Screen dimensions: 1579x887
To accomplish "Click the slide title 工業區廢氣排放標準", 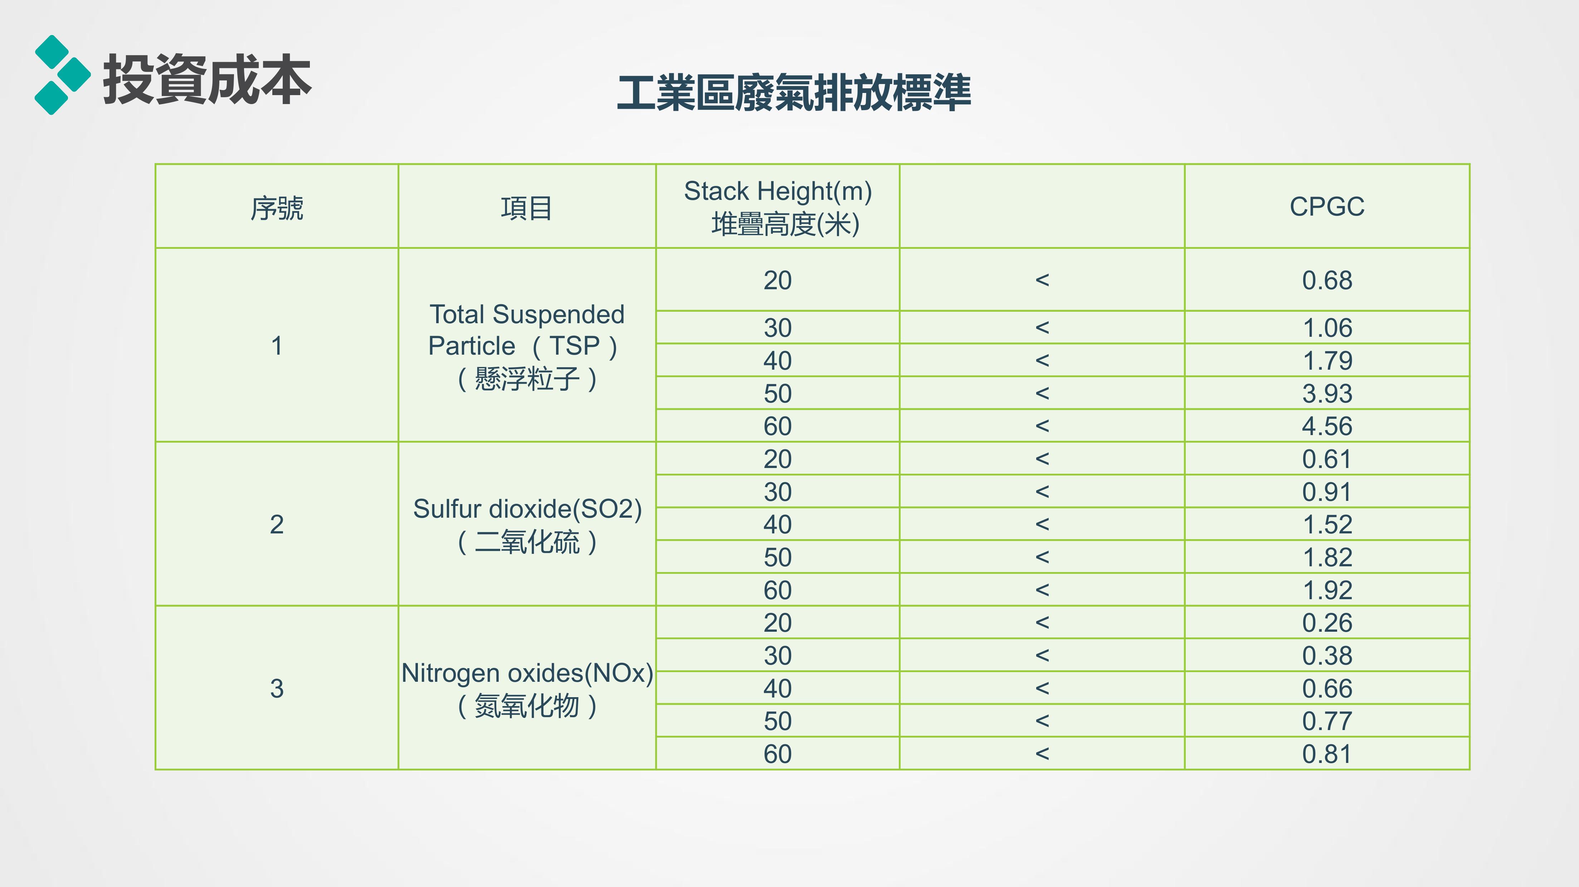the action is pyautogui.click(x=794, y=93).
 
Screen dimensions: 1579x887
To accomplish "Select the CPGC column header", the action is pyautogui.click(x=1327, y=206).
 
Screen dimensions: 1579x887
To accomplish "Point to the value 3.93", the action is pyautogui.click(x=1327, y=393).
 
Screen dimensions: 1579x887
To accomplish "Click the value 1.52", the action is pyautogui.click(x=1327, y=524).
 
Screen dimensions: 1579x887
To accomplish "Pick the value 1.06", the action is pyautogui.click(x=1327, y=328).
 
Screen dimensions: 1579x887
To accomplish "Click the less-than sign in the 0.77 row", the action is pyautogui.click(x=1042, y=721).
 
